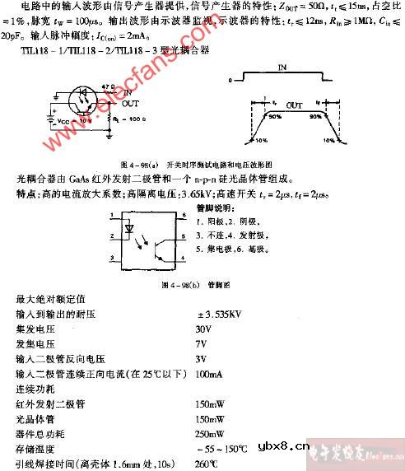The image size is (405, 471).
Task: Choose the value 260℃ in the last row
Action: (x=210, y=464)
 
